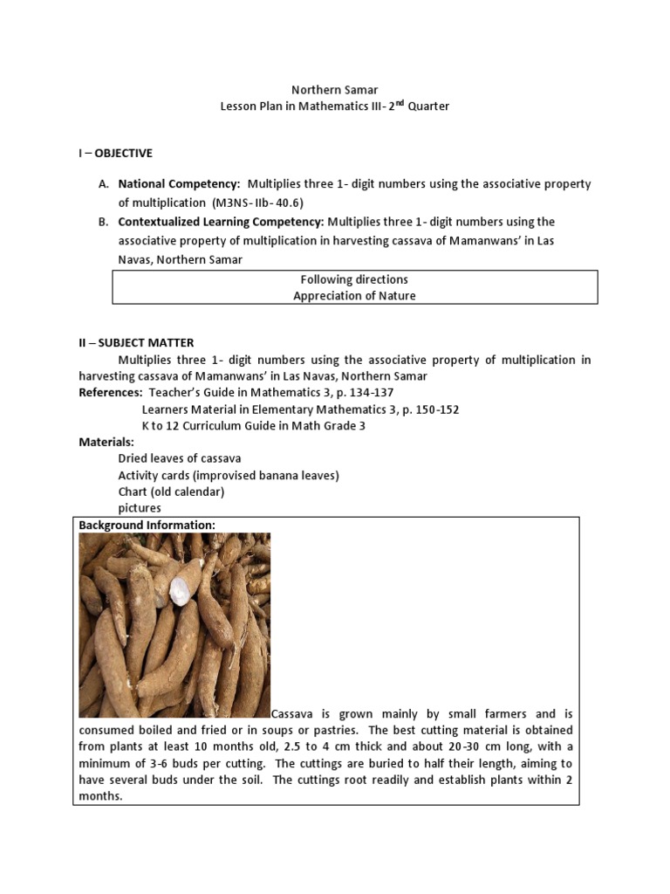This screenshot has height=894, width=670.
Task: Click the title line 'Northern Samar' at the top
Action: [334, 89]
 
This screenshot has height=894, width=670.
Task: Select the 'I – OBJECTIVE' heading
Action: [115, 154]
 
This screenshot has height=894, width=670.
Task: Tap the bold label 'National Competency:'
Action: [179, 184]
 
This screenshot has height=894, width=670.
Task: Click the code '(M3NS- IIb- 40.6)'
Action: [256, 203]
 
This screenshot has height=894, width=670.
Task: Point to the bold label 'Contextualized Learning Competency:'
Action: [221, 222]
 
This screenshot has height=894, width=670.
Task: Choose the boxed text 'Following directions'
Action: [354, 279]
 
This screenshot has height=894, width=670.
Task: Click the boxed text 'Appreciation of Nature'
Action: [354, 296]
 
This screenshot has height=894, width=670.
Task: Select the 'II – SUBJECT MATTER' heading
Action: [136, 343]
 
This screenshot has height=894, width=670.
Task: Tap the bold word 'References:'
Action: [111, 393]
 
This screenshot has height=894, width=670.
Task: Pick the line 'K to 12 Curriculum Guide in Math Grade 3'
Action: [253, 426]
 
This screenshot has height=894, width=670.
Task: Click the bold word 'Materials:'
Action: [106, 443]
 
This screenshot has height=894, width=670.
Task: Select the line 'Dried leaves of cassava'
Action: [180, 458]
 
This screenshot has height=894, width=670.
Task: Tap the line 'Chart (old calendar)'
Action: [171, 492]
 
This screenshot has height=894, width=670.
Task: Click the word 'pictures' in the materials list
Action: [140, 508]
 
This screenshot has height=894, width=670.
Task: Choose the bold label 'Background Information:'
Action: [147, 525]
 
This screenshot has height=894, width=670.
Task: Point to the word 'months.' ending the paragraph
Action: [100, 796]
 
